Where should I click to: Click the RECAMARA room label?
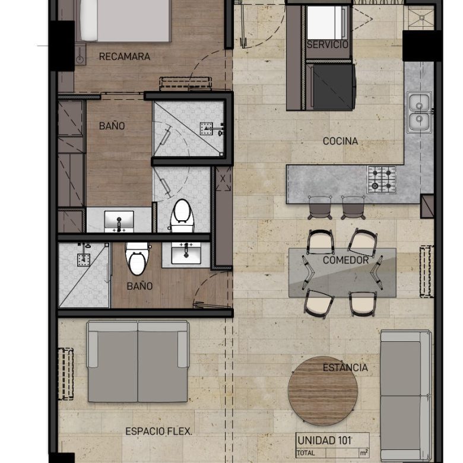click(124, 56)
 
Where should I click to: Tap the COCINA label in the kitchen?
click(340, 141)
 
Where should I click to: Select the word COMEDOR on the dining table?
click(345, 260)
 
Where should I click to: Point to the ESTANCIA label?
click(345, 367)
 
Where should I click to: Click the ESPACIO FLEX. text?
click(158, 432)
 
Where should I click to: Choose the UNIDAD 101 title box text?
click(324, 440)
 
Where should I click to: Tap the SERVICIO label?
click(328, 45)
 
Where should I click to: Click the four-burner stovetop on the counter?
click(382, 179)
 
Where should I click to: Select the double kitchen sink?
click(419, 112)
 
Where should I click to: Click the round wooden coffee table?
click(323, 391)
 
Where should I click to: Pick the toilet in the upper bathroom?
click(182, 215)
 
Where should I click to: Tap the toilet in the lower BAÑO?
click(137, 259)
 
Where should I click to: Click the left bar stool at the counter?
click(320, 207)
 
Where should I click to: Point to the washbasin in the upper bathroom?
click(119, 221)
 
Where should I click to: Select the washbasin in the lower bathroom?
click(186, 253)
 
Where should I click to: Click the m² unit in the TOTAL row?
click(364, 452)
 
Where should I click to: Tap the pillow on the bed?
click(88, 20)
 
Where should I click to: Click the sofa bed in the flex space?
click(138, 361)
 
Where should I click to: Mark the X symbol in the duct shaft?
click(223, 179)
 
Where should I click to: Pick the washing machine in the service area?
click(326, 23)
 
